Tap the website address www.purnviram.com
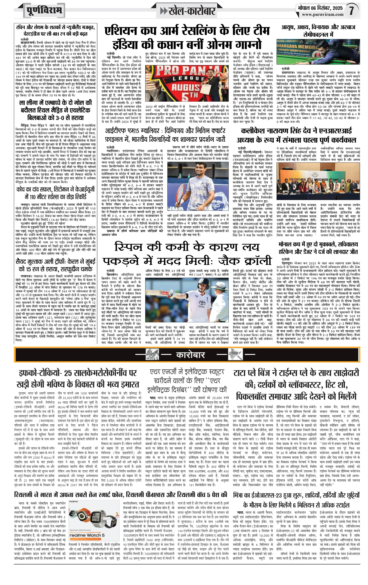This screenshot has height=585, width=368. [x=323, y=15]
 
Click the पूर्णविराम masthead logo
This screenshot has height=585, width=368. [x=44, y=11]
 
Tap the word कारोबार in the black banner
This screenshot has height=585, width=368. [x=190, y=355]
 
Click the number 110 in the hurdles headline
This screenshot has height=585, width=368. [x=32, y=197]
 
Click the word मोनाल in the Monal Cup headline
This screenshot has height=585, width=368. [x=286, y=244]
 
